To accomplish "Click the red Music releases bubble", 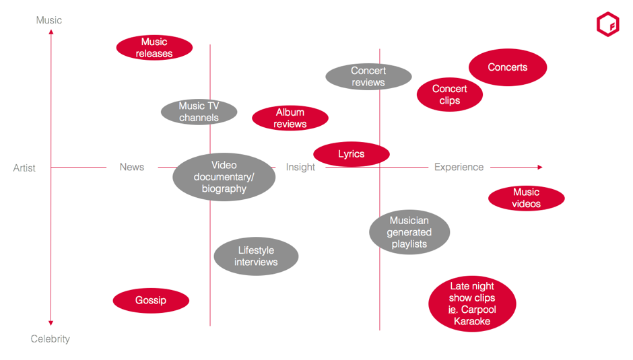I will (154, 48).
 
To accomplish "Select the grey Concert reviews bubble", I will (368, 77).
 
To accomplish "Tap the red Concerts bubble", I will (508, 67).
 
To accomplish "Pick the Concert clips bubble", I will (449, 95).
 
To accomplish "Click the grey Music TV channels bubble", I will (199, 112).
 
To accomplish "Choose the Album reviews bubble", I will (290, 118).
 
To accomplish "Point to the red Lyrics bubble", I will (351, 154).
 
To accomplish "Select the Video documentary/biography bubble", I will (224, 177).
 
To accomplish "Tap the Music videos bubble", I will (526, 198).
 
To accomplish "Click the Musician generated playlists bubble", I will (409, 232).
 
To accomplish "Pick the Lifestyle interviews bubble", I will (256, 256).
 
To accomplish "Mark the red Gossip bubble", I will (151, 300).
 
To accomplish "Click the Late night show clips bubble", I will (472, 304).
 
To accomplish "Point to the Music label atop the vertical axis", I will (49, 20).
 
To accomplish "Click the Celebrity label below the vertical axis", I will (51, 339).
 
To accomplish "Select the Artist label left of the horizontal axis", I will (24, 168).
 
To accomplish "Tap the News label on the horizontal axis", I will (132, 167).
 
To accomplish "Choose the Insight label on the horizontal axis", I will (300, 167).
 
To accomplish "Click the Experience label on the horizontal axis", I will (459, 167).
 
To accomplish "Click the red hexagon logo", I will (607, 25).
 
